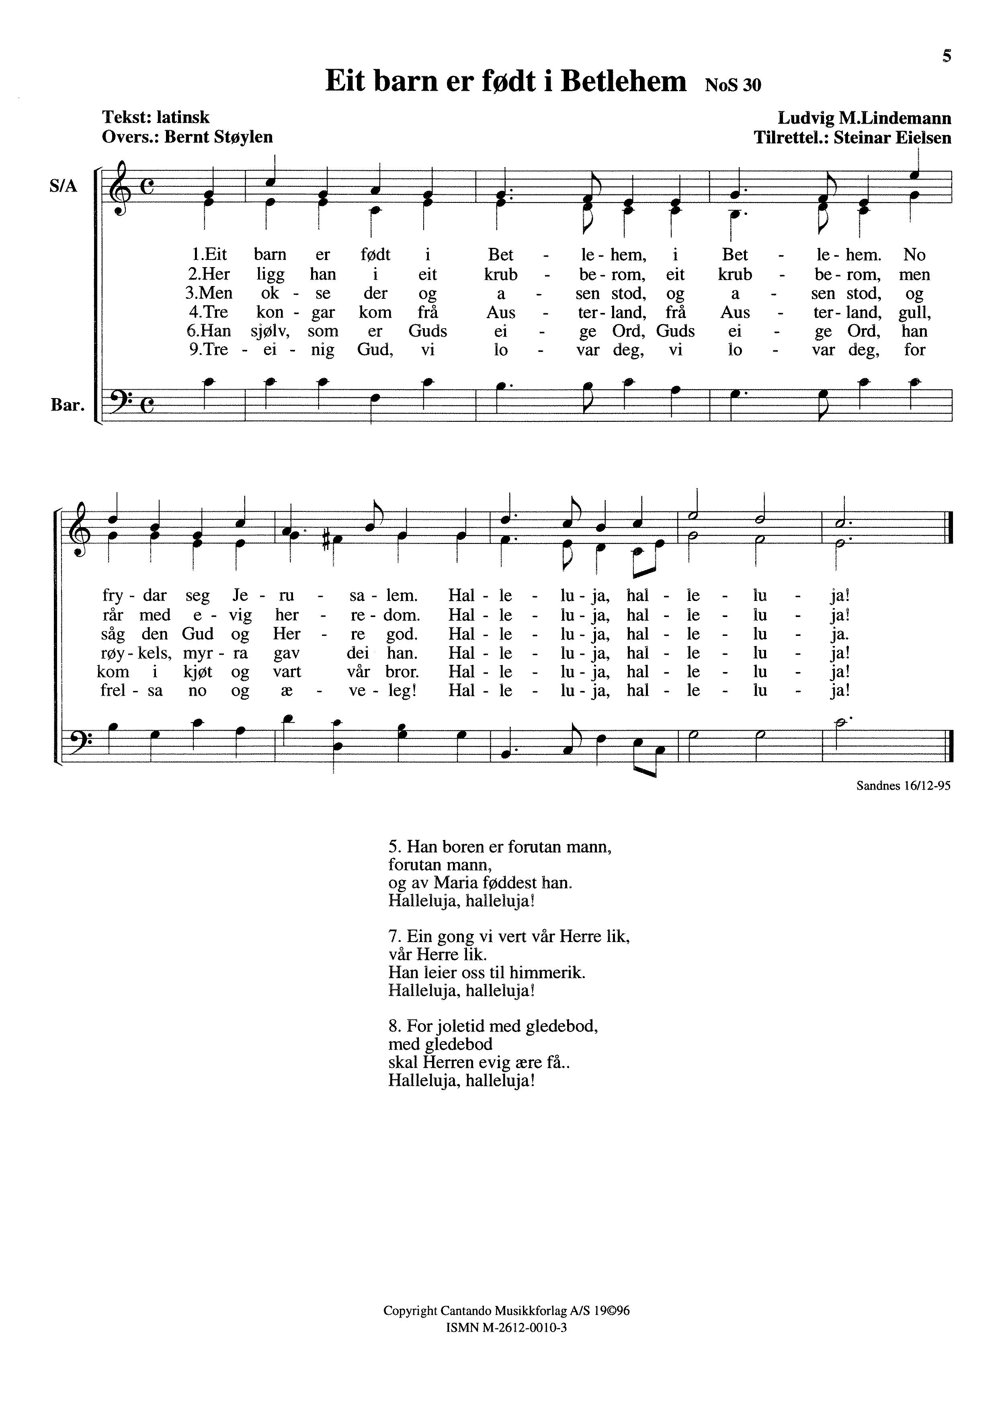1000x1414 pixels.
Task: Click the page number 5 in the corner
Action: (x=947, y=57)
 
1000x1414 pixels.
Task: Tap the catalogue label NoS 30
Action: (x=733, y=85)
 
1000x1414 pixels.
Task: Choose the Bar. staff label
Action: (x=67, y=405)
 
